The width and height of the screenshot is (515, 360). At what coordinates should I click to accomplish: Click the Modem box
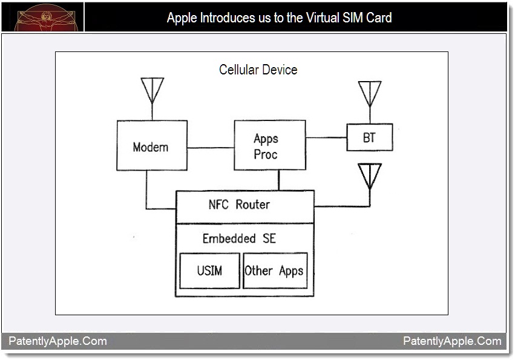pyautogui.click(x=151, y=145)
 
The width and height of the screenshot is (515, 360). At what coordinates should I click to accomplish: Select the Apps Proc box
pyautogui.click(x=269, y=145)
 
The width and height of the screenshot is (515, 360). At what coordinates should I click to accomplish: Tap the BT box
pyautogui.click(x=369, y=137)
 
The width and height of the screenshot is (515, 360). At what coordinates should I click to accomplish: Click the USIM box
pyautogui.click(x=209, y=270)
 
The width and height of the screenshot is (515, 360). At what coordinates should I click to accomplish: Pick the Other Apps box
pyautogui.click(x=275, y=270)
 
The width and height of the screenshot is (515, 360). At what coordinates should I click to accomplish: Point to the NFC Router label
pyautogui.click(x=239, y=205)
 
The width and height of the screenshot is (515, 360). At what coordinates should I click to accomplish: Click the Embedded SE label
pyautogui.click(x=239, y=238)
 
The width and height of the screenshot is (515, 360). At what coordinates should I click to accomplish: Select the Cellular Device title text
pyautogui.click(x=258, y=70)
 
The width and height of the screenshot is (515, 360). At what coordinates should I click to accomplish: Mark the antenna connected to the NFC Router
pyautogui.click(x=370, y=175)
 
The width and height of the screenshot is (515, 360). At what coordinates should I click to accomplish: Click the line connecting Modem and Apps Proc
pyautogui.click(x=211, y=148)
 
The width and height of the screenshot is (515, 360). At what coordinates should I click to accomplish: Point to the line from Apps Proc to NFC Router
pyautogui.click(x=278, y=180)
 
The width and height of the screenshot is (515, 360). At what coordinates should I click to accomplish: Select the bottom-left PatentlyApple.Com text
pyautogui.click(x=57, y=341)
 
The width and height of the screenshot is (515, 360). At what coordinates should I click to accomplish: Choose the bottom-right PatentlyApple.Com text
pyautogui.click(x=452, y=341)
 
